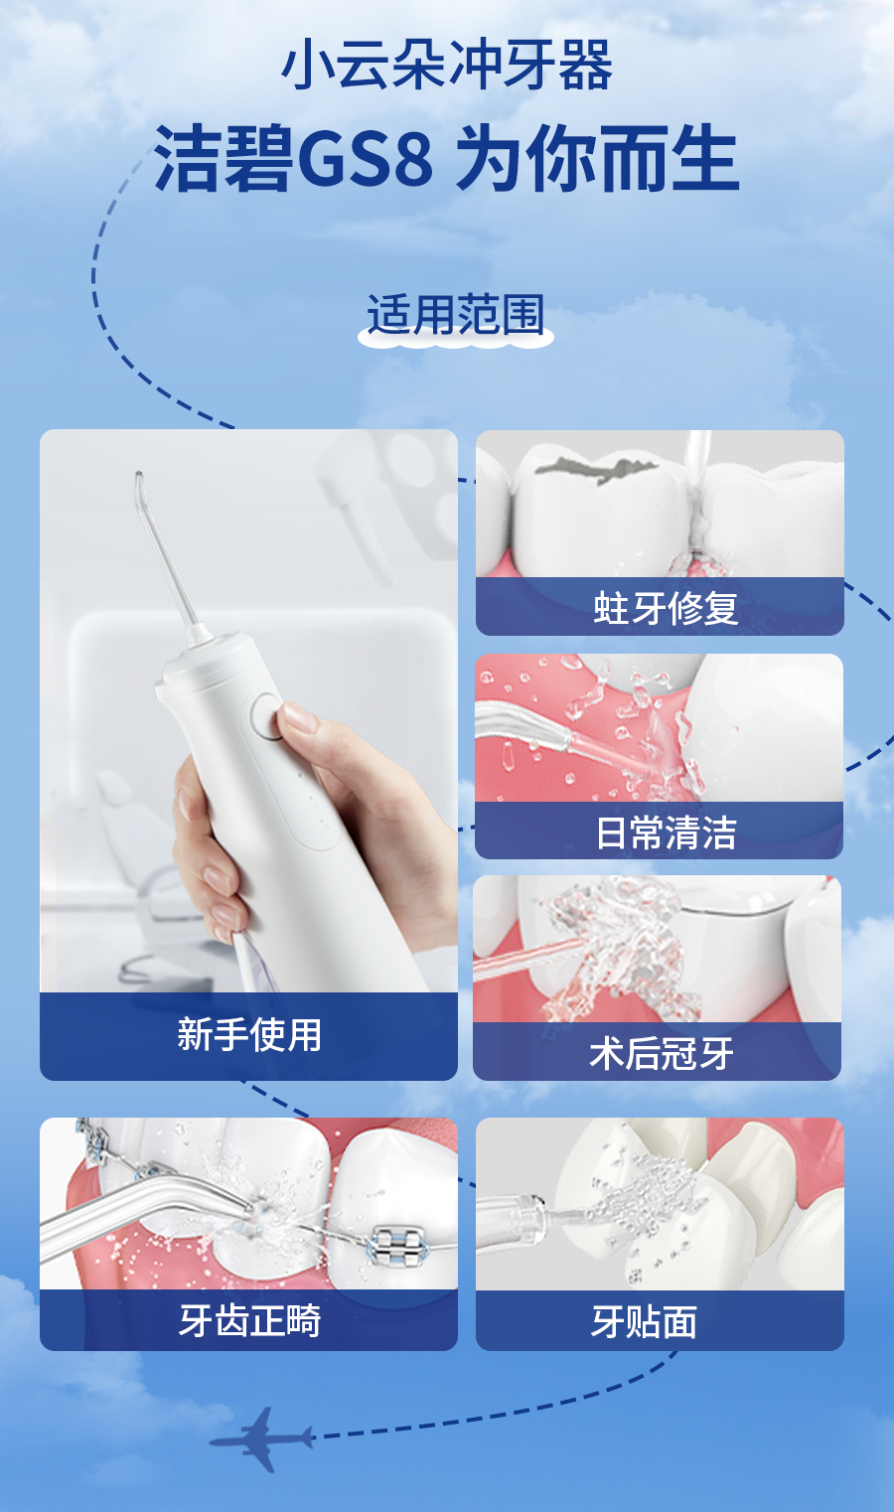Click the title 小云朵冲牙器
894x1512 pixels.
point(447,66)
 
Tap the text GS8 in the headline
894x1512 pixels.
point(365,159)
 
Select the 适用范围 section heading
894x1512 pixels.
point(455,315)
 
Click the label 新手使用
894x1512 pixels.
point(249,1034)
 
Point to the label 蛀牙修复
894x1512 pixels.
point(666,608)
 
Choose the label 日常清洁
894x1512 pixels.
point(666,832)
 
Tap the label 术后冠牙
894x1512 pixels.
point(662,1053)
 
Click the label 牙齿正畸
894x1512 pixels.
point(249,1321)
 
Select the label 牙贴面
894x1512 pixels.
point(644,1321)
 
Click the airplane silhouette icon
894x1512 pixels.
point(262,1438)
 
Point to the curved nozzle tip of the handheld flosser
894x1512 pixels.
point(138,481)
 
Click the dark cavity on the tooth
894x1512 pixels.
point(595,469)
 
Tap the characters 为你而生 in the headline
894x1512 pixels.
point(598,159)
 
